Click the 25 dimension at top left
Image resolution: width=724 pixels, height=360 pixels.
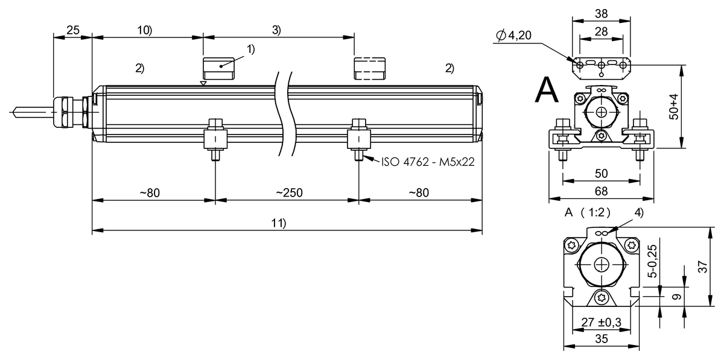(72, 30)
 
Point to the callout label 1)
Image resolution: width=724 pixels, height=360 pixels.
(250, 49)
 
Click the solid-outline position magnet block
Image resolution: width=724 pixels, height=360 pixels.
(219, 68)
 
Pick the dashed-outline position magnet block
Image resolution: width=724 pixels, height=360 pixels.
(369, 68)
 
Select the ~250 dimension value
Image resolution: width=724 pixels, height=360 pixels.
(289, 193)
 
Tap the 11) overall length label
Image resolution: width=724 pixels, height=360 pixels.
(278, 223)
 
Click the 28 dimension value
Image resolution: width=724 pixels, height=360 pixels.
(600, 31)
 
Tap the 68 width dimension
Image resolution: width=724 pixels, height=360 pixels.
(601, 191)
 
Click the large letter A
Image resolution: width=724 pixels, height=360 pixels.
(547, 90)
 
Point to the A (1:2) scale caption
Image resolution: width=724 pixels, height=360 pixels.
(587, 212)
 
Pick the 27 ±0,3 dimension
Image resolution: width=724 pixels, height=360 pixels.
(600, 322)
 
